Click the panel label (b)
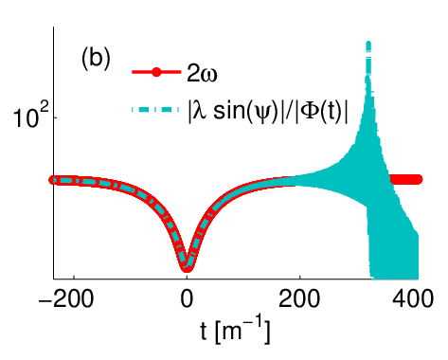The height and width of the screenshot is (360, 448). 96,60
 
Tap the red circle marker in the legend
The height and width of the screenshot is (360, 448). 156,73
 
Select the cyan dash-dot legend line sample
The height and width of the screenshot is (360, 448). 155,110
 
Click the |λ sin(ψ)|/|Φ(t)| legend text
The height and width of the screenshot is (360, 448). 268,112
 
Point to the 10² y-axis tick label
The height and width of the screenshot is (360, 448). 31,117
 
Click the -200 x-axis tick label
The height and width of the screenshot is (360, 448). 65,298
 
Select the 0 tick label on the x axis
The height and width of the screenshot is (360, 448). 187,298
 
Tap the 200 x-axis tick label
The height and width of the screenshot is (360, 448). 299,298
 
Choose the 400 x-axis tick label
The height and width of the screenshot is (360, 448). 412,298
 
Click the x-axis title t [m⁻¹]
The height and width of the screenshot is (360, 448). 235,332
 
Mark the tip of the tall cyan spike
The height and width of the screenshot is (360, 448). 368,42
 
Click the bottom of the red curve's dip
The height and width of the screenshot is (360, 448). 187,269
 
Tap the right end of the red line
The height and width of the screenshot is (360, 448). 421,180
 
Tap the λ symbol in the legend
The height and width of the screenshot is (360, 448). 199,112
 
